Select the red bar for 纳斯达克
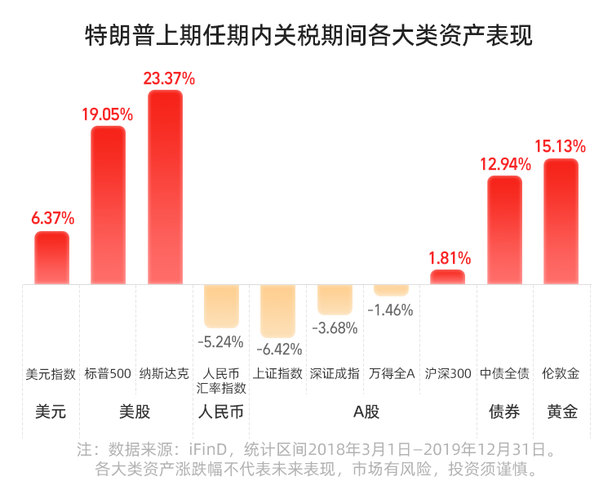[165, 187]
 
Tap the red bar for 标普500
[108, 205]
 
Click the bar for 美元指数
[51, 258]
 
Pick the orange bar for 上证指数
[277, 310]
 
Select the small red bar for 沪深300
[447, 277]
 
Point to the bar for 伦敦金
[561, 221]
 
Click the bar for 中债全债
[504, 230]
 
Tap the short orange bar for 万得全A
[391, 290]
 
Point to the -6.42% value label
[278, 350]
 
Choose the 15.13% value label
[561, 147]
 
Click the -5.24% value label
[220, 341]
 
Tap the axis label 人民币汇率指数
[221, 381]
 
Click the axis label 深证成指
[335, 373]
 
